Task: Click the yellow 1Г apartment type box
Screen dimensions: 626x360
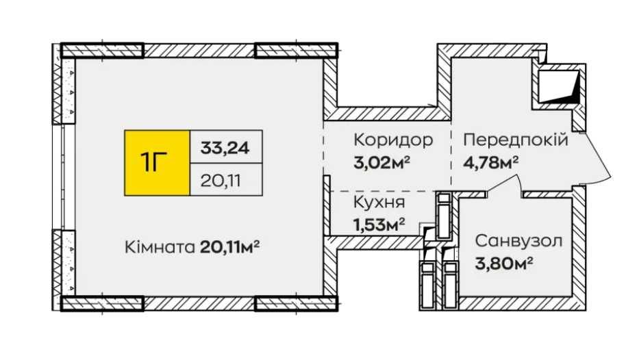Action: [156, 163]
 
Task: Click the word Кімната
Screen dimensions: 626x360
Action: [160, 246]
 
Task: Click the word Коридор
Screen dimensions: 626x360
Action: [393, 140]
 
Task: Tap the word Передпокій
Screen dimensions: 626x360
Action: [516, 140]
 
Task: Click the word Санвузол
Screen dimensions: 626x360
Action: [518, 241]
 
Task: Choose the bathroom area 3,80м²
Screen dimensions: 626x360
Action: [504, 262]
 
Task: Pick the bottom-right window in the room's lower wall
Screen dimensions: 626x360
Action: [297, 303]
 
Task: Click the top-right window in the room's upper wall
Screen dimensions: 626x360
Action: [297, 50]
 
